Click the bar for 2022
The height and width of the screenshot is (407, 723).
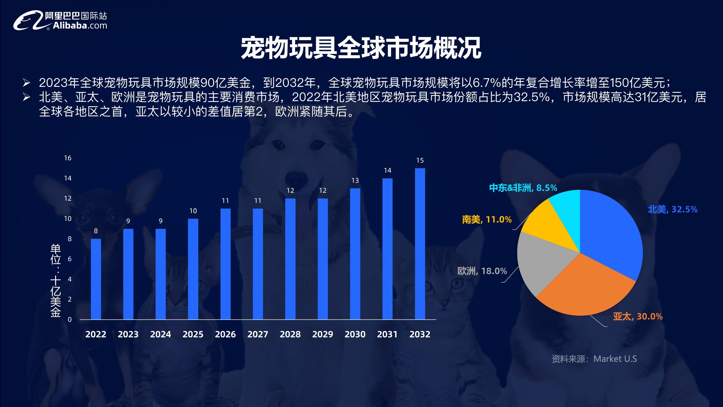tap(96, 279)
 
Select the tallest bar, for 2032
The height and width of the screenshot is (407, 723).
tap(420, 244)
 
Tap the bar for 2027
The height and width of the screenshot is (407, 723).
tap(258, 264)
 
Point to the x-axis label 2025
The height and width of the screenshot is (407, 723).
tap(193, 334)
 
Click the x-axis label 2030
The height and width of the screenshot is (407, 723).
tap(355, 334)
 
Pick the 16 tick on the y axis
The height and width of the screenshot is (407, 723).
tap(68, 158)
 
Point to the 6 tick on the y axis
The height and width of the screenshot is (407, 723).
tap(69, 259)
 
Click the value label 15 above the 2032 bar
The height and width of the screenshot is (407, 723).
tap(420, 161)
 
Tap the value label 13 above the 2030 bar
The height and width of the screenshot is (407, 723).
tap(355, 181)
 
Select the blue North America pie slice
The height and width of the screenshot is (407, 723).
tap(610, 232)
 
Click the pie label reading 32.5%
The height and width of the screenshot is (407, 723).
tap(672, 209)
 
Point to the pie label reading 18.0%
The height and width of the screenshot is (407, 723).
tap(482, 271)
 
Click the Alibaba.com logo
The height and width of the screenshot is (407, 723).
tap(60, 20)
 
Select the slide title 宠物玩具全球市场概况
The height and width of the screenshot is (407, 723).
tap(361, 48)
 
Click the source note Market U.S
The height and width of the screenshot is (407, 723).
tap(594, 359)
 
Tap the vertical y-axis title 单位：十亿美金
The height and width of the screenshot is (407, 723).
tap(56, 280)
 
